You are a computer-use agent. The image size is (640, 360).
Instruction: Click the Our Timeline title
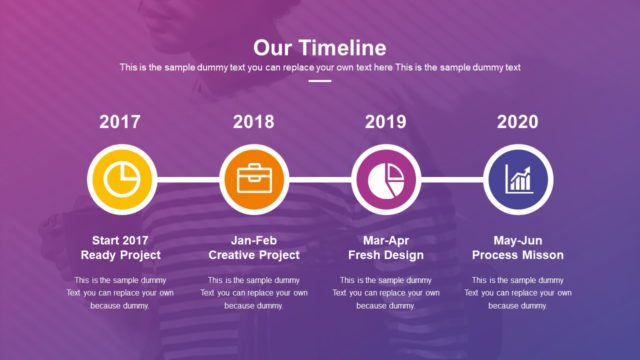[x=320, y=47]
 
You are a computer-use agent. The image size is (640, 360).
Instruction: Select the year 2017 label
[x=120, y=122]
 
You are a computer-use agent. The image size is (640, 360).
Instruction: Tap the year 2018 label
[x=253, y=122]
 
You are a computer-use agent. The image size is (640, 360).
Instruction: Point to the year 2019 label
[x=385, y=122]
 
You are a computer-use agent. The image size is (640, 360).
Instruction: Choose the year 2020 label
[x=518, y=122]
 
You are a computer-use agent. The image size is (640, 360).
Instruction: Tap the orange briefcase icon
[x=253, y=180]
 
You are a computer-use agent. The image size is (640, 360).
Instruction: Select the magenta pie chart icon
[x=386, y=180]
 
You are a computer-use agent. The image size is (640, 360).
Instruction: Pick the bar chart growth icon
[x=518, y=180]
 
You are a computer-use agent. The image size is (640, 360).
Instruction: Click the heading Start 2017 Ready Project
[x=120, y=247]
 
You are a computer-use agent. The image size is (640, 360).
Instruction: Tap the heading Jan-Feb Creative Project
[x=253, y=247]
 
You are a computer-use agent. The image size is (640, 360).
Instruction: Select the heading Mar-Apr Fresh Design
[x=386, y=247]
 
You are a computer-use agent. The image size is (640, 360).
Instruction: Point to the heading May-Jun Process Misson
[x=518, y=247]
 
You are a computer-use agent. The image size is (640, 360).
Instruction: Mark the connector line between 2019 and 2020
[x=452, y=180]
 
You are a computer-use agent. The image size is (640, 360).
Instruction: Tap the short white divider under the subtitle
[x=320, y=81]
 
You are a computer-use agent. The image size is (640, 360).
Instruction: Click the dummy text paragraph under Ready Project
[x=120, y=293]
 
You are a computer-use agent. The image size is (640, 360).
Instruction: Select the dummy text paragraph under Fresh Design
[x=386, y=293]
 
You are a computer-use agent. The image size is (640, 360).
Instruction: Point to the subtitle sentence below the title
[x=320, y=67]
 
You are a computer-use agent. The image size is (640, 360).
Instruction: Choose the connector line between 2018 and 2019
[x=319, y=180]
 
